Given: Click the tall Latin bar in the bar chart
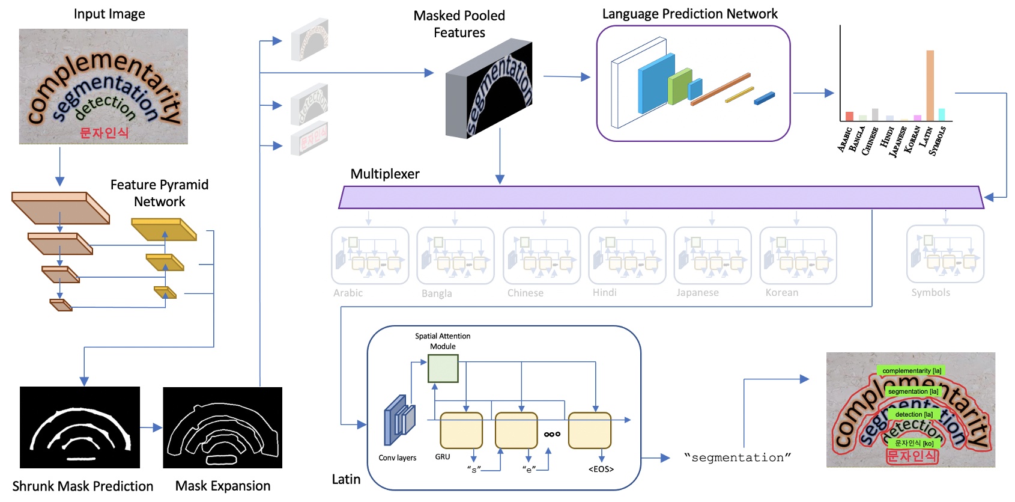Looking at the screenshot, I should click(x=930, y=85).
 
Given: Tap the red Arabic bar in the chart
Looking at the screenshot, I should click(x=849, y=116).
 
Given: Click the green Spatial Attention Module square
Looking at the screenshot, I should click(x=443, y=369).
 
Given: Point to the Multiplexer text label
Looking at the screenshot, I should click(x=385, y=174).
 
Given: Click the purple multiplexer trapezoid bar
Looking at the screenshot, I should click(x=661, y=197).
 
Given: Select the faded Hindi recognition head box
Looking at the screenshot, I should click(x=627, y=256).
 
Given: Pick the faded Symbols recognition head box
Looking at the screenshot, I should click(x=945, y=254).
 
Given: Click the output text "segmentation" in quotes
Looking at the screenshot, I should click(x=738, y=458).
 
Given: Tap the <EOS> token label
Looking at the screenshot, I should click(x=601, y=469).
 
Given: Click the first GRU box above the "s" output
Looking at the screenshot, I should click(x=461, y=430).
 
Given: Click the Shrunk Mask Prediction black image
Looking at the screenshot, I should click(x=80, y=427).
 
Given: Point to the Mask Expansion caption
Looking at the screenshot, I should click(x=223, y=486).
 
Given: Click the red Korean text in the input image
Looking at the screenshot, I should click(x=104, y=133).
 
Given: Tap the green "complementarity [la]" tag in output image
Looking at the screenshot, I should click(x=911, y=371).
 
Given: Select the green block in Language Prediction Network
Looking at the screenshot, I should click(x=679, y=87).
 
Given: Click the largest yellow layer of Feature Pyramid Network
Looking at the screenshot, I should click(x=164, y=229).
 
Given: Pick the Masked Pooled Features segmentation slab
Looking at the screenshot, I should click(x=489, y=90).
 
